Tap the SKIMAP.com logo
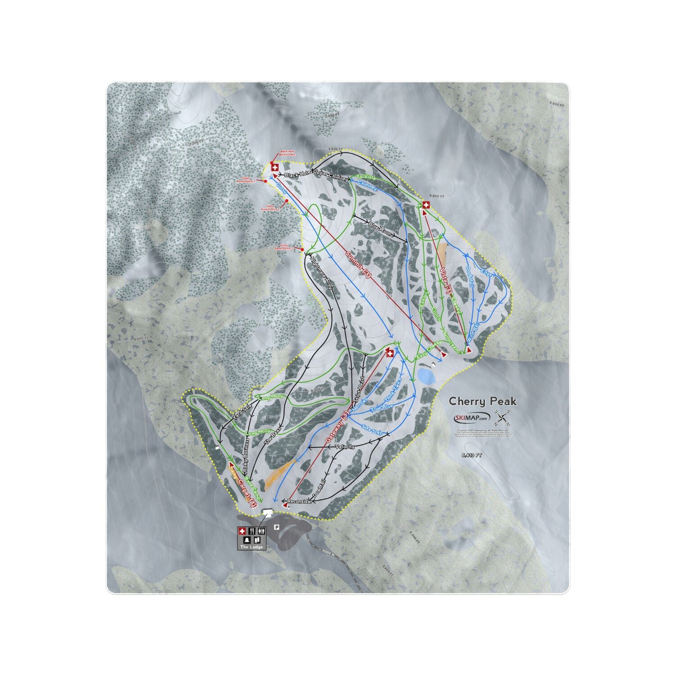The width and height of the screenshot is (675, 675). click(x=472, y=418)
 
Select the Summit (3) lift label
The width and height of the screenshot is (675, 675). click(x=358, y=265)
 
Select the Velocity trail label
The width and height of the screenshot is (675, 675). click(x=345, y=447)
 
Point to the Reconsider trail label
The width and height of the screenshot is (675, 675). click(x=297, y=501)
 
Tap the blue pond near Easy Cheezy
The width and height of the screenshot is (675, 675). click(x=426, y=376)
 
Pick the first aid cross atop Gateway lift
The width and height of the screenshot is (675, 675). click(x=390, y=354)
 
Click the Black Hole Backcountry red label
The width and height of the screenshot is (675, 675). click(x=288, y=153)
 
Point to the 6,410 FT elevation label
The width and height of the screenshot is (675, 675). click(x=472, y=455)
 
